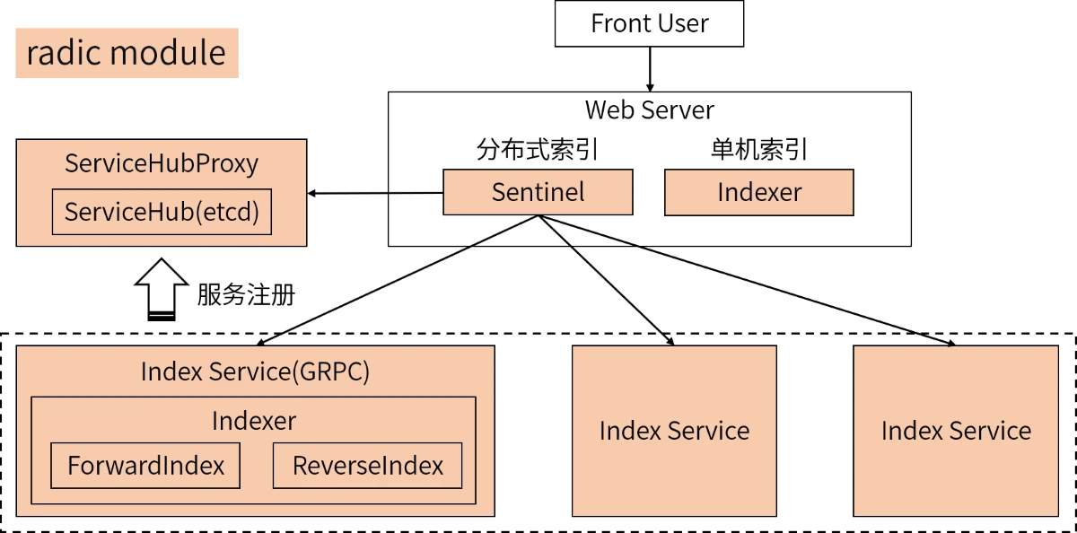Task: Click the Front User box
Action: tap(649, 23)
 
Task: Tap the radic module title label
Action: tap(127, 53)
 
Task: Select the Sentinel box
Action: tap(538, 192)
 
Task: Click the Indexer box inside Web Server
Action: tap(759, 192)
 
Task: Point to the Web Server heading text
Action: tap(649, 110)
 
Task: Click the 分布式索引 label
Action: tap(538, 150)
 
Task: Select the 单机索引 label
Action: tap(759, 150)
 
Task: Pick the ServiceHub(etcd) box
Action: tap(162, 212)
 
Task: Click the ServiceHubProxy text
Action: tap(162, 163)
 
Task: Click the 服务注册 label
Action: tap(246, 294)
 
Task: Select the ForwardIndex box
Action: tap(145, 465)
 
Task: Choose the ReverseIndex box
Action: tap(367, 465)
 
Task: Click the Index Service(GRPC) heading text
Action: tap(255, 371)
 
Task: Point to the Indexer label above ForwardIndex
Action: tap(254, 421)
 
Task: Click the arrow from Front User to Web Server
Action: tap(650, 69)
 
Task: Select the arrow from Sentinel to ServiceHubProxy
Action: tap(375, 193)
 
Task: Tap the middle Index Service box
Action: tap(674, 431)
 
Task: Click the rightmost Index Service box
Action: tap(956, 431)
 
